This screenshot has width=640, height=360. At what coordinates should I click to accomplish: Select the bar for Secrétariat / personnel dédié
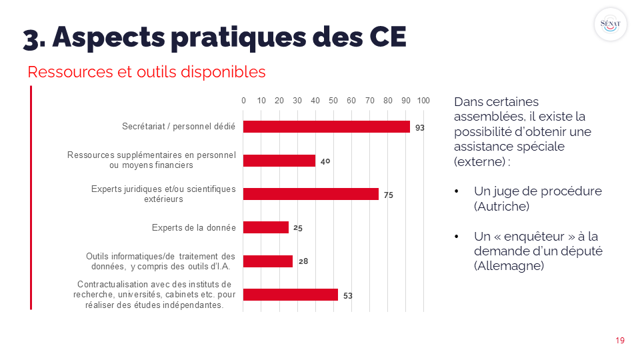(327, 127)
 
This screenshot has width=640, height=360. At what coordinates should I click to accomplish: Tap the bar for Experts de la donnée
(266, 227)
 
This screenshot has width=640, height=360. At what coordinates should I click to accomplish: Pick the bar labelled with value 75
(311, 194)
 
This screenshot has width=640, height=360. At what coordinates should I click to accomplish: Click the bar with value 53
(291, 295)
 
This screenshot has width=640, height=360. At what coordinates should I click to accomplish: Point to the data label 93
(420, 127)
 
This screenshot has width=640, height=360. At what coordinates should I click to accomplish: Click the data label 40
(325, 161)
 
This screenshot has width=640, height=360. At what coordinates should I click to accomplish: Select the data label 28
(303, 261)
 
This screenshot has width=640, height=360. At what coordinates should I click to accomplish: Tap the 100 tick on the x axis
(423, 101)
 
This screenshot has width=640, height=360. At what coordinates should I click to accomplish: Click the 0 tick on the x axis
(243, 101)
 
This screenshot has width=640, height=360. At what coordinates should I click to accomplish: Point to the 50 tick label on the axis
(333, 101)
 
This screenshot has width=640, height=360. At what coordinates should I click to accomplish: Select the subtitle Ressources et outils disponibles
(147, 72)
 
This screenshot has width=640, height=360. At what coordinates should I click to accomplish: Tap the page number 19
(620, 341)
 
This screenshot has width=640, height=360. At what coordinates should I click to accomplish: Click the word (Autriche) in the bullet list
(501, 207)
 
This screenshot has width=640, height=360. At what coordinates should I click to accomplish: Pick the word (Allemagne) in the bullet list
(509, 265)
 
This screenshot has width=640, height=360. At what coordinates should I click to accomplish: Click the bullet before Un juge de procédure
(457, 191)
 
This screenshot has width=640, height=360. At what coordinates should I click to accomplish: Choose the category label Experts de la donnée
(194, 227)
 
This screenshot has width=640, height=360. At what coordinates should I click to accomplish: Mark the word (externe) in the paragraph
(479, 162)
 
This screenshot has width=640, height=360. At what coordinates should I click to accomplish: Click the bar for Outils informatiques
(268, 261)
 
